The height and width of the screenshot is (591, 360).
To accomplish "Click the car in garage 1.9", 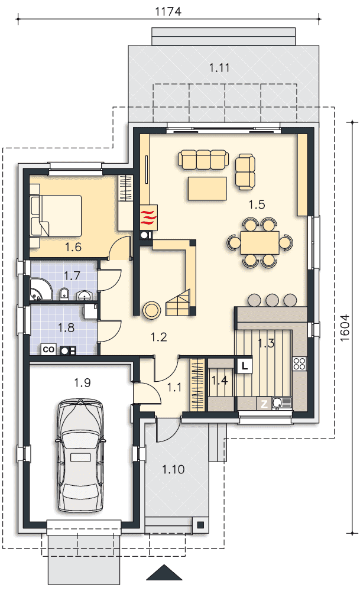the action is pos(80,455).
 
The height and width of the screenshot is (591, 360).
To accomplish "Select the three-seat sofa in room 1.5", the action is pos(203,160).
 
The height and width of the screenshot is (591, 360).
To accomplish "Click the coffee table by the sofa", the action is pos(207,189).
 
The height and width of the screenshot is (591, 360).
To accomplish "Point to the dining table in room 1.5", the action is pos(260,243).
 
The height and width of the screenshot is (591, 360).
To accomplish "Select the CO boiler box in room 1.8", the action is pos(48,349).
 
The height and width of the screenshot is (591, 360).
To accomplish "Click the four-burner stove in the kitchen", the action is pos(300,363).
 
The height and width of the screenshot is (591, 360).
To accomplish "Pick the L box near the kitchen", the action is pos(245,366).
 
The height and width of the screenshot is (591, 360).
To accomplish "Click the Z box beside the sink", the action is pos(264,404).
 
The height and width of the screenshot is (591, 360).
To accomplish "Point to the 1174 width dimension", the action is pos(168,11).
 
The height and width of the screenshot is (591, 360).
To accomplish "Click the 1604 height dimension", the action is pos(345,328).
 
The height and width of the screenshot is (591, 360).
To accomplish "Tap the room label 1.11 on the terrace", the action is pos(219,68).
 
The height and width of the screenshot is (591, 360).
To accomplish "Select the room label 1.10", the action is pos(173,469).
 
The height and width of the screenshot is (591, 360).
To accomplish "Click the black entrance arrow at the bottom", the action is pos(164,572).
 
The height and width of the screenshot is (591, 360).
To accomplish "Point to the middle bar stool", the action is pos(273,300).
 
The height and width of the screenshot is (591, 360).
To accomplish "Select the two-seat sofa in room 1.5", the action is pos(245,172).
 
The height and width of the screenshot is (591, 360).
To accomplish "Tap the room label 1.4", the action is pos(219,381).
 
